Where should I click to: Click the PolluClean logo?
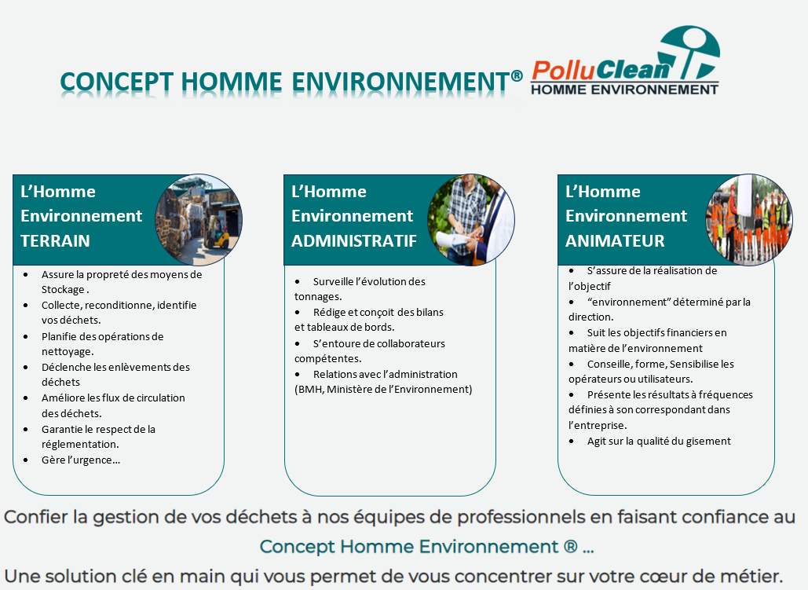(x=626, y=60)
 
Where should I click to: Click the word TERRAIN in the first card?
(x=55, y=241)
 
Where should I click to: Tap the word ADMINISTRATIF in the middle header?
(x=354, y=241)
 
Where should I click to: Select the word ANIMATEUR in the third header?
(x=615, y=241)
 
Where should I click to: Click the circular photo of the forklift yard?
(x=199, y=220)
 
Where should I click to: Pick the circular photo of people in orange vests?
(x=749, y=220)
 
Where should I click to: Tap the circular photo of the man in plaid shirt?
(x=471, y=220)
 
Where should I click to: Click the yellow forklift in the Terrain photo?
(x=220, y=237)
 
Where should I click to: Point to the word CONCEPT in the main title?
(x=116, y=82)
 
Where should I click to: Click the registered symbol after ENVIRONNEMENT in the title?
(x=517, y=76)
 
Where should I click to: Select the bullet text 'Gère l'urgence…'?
(x=81, y=460)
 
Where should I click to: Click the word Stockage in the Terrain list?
(x=63, y=290)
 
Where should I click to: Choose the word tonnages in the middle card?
(x=317, y=297)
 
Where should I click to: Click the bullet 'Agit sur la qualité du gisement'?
(x=659, y=441)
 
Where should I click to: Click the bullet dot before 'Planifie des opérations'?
(x=26, y=337)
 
